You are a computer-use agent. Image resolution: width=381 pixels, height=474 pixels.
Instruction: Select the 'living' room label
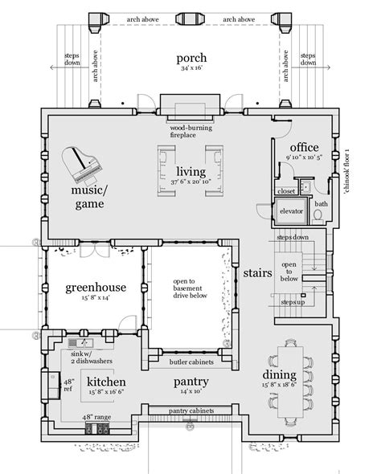[190, 171]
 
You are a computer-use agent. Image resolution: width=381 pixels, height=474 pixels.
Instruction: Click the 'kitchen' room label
[104, 381]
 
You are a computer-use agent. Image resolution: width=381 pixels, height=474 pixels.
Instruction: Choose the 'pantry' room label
[190, 382]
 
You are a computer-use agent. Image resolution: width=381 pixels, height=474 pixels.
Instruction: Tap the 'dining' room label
[281, 374]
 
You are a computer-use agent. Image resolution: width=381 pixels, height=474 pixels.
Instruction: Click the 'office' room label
[305, 147]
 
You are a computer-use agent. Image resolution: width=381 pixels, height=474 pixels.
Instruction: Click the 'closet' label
[286, 193]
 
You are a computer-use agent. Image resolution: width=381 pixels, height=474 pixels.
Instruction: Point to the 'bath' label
[321, 204]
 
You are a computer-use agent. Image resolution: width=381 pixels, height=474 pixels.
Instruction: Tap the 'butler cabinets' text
[190, 362]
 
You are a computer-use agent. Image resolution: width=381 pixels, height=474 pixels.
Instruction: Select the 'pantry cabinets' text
[190, 411]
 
